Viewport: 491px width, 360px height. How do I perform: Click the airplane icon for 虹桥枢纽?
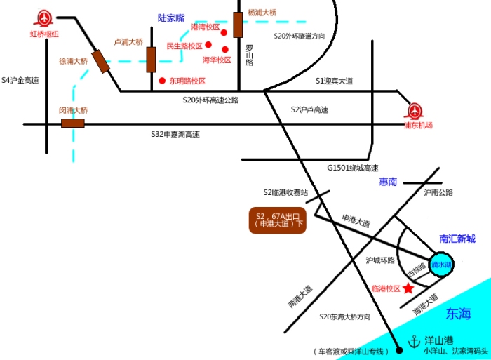click(x=45, y=18)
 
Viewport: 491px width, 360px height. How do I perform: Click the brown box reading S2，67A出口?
click(x=279, y=220)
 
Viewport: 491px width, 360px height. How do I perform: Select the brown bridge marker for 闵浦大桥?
click(x=72, y=124)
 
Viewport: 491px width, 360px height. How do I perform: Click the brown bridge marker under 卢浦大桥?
click(x=151, y=60)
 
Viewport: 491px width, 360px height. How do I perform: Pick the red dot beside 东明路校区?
click(x=162, y=80)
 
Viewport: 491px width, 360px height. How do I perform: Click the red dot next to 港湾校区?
click(x=224, y=32)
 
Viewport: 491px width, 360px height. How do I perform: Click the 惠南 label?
click(x=388, y=182)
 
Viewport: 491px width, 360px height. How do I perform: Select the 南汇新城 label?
click(x=457, y=239)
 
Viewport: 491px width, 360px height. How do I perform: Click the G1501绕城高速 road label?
click(x=352, y=168)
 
